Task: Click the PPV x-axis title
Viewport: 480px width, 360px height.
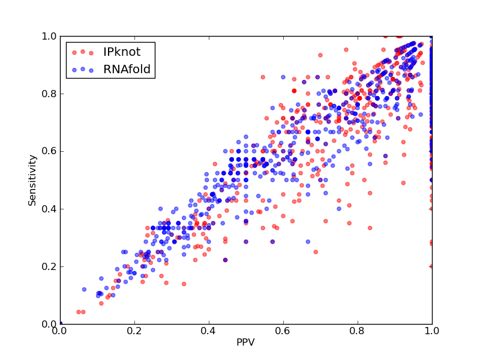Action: click(x=245, y=342)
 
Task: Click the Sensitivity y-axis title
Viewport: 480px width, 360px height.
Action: click(x=32, y=181)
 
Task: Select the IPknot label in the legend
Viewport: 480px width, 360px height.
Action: click(x=122, y=52)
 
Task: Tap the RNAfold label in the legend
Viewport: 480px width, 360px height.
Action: click(x=127, y=70)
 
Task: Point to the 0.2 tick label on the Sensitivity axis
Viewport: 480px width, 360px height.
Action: click(x=49, y=266)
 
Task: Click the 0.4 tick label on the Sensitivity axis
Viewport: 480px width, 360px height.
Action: click(x=49, y=209)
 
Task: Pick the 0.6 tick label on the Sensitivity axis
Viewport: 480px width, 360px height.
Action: click(x=49, y=152)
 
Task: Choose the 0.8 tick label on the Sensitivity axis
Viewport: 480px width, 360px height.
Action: click(x=49, y=94)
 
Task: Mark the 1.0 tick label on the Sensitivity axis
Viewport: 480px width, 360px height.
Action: click(x=49, y=36)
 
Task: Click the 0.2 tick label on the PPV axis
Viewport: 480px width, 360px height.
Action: click(x=134, y=331)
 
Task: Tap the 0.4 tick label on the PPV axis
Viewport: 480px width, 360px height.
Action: click(x=209, y=331)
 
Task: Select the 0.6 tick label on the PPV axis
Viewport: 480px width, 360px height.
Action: click(x=283, y=331)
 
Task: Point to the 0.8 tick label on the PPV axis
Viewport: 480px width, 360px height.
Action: click(x=358, y=331)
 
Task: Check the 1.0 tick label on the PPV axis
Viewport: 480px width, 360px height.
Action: click(x=432, y=331)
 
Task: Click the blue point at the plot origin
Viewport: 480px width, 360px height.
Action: click(x=61, y=323)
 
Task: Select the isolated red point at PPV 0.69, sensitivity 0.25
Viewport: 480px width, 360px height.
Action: click(x=316, y=252)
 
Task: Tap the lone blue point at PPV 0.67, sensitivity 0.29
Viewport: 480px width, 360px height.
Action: click(x=308, y=242)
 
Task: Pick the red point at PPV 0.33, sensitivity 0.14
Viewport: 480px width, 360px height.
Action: click(x=184, y=284)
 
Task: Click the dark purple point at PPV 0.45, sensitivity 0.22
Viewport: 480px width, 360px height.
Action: click(x=226, y=260)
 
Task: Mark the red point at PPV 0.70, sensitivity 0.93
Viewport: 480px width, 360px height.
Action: click(x=320, y=55)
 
